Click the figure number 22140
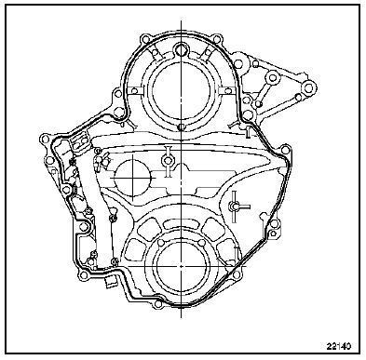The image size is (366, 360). [x=338, y=345]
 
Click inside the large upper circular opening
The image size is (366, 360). [x=181, y=90]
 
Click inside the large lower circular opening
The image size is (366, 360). [x=182, y=266]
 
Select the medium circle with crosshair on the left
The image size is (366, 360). [x=133, y=178]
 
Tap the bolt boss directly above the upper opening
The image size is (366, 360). [x=181, y=49]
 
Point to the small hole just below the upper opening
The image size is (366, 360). [x=182, y=127]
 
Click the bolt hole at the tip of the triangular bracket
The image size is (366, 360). [x=308, y=87]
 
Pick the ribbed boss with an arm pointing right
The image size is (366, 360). [x=234, y=206]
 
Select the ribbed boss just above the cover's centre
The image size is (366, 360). [x=168, y=160]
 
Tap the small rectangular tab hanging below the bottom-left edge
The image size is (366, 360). [x=110, y=282]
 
